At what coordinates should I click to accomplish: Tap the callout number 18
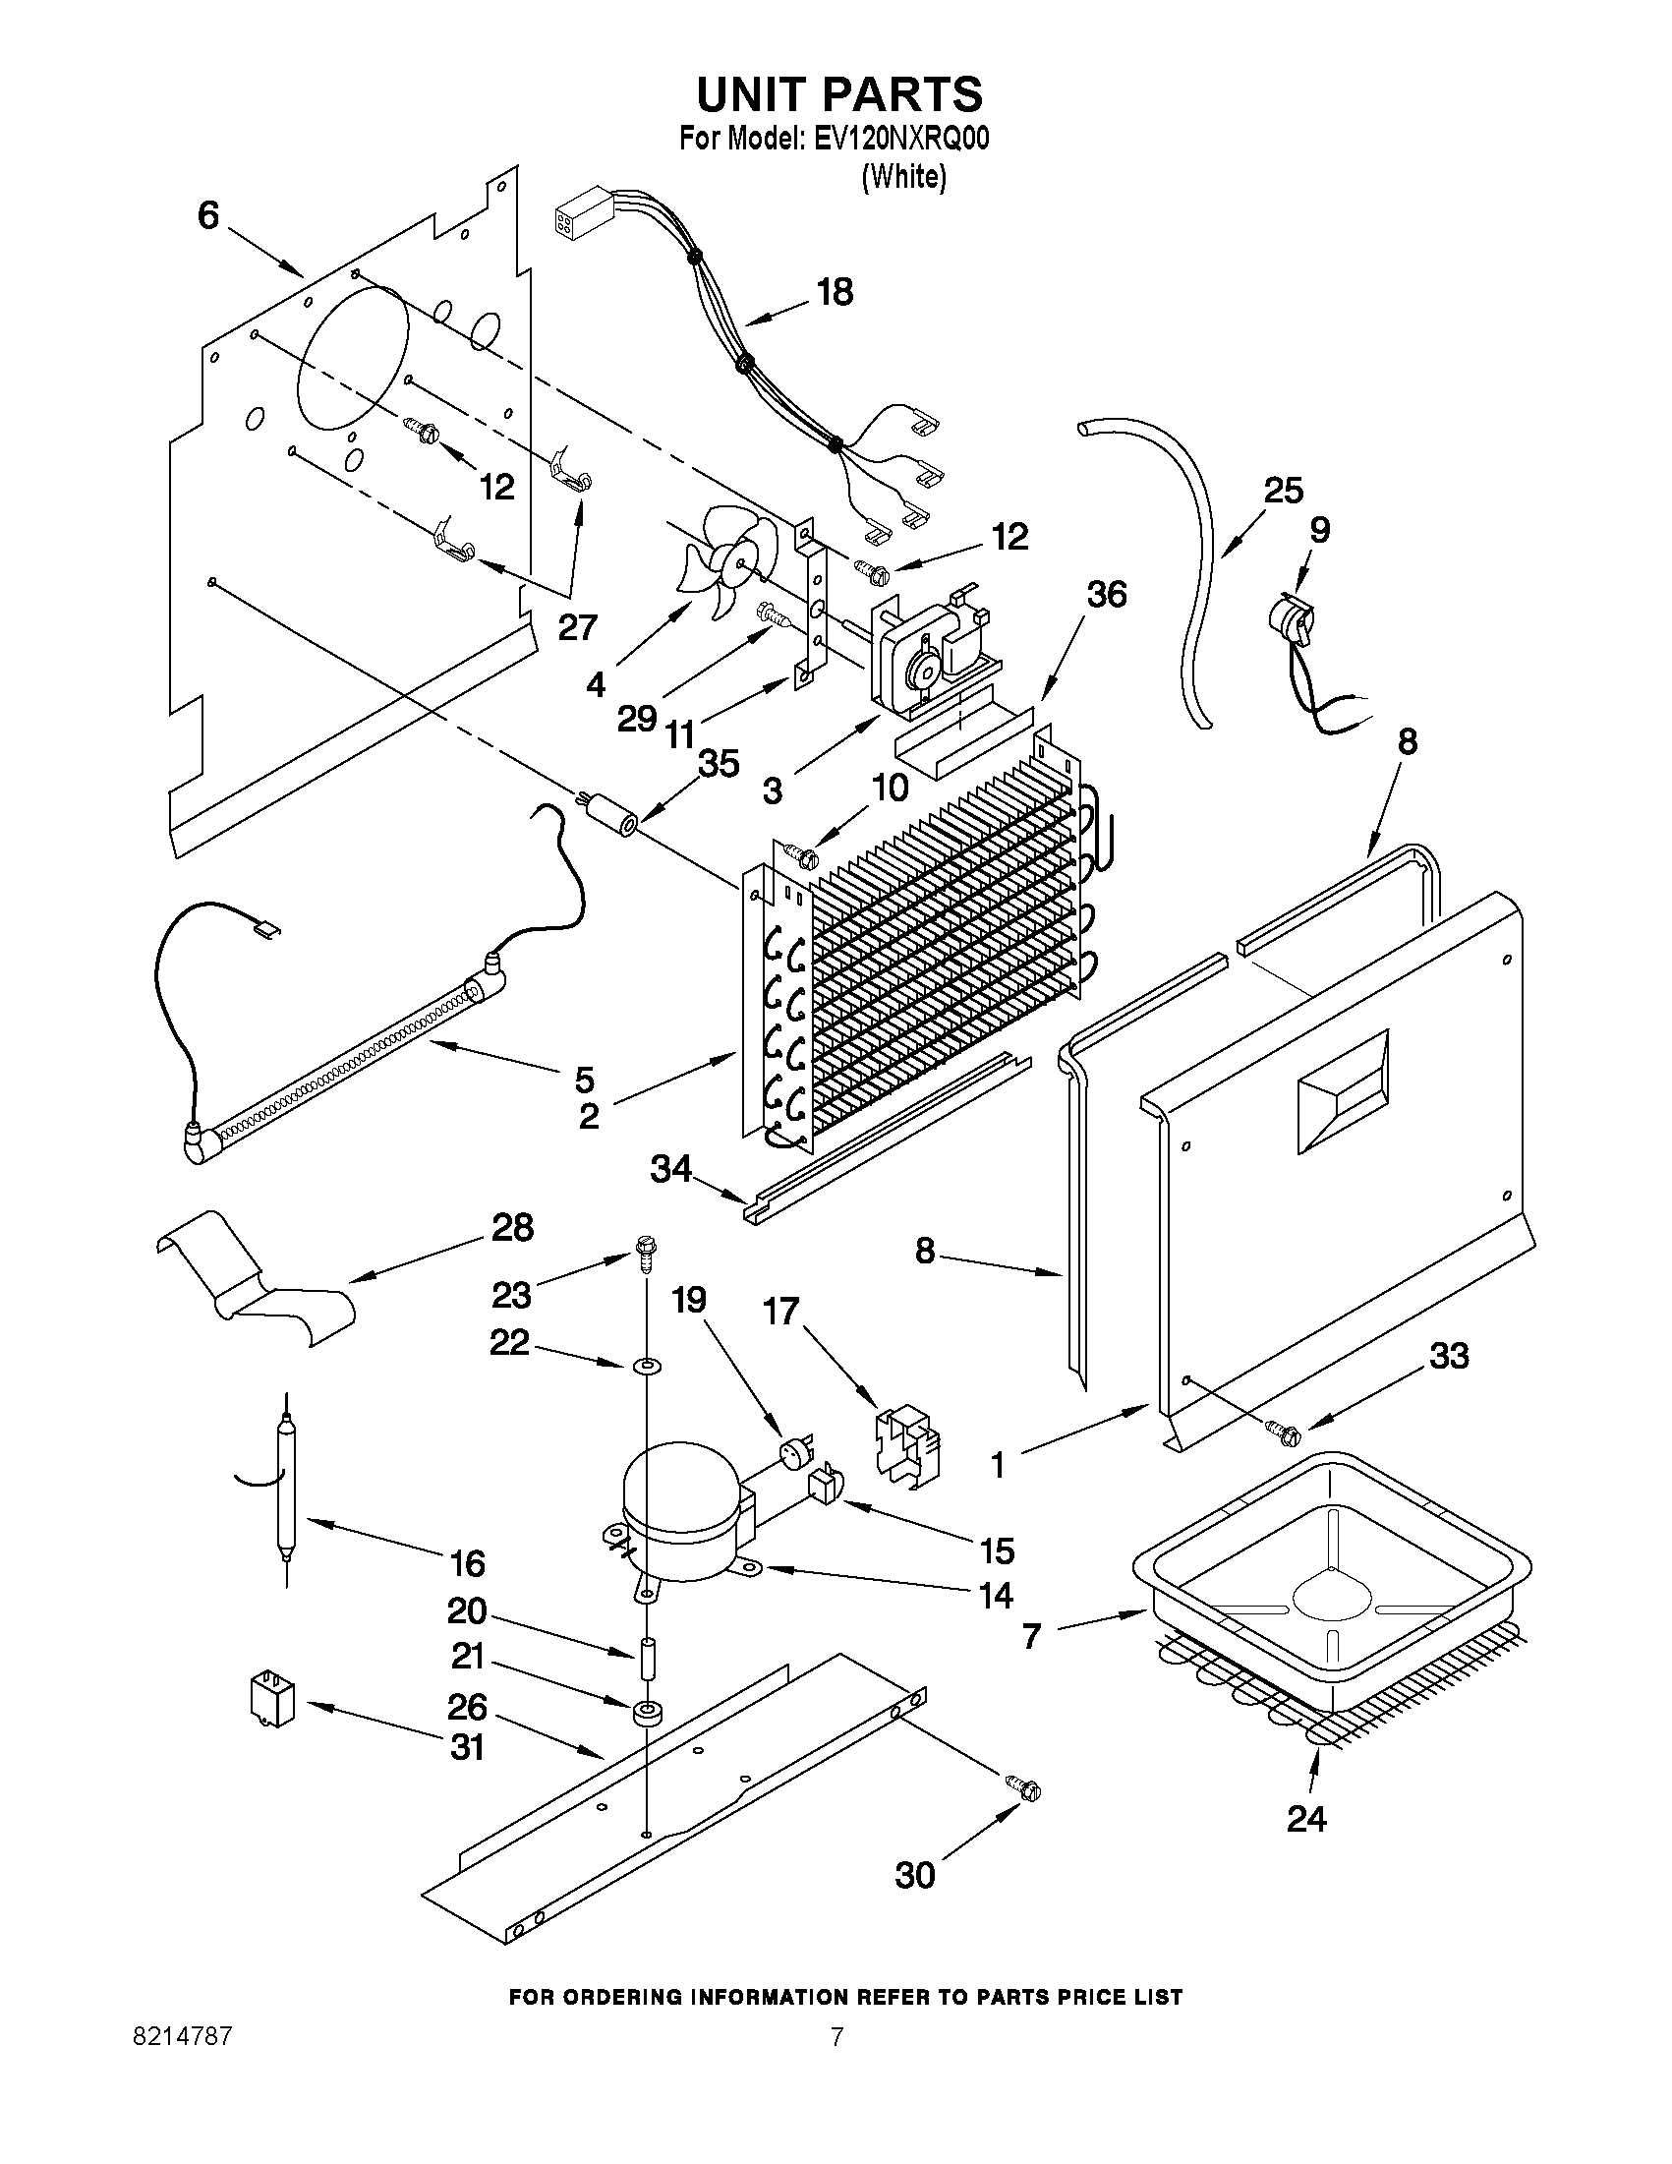835,293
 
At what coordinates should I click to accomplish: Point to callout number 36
1107,595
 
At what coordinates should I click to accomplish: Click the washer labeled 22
647,1367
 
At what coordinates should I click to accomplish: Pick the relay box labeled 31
273,1701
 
